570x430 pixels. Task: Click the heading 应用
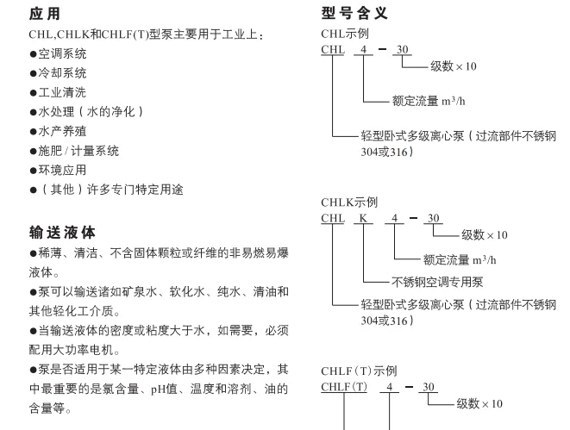[44, 14]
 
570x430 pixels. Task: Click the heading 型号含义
[354, 13]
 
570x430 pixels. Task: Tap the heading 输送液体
[62, 233]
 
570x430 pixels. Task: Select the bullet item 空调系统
[58, 53]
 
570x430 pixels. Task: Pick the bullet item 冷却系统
[58, 73]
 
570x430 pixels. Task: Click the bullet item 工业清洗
[58, 92]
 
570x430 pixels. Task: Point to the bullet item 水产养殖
[58, 131]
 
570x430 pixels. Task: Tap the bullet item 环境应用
[58, 170]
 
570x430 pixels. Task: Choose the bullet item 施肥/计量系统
[74, 151]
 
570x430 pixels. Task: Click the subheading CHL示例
[345, 34]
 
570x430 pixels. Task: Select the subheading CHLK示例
[349, 203]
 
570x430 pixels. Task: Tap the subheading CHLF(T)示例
[359, 371]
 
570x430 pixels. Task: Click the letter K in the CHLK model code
[363, 218]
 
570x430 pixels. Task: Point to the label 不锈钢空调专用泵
[437, 282]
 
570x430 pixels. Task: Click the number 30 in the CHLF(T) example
[429, 387]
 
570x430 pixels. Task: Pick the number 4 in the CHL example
[364, 49]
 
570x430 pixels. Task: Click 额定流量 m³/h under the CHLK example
[460, 260]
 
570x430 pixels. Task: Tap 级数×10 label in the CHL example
[454, 66]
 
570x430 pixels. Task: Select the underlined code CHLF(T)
[344, 387]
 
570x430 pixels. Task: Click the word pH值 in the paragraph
[164, 389]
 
